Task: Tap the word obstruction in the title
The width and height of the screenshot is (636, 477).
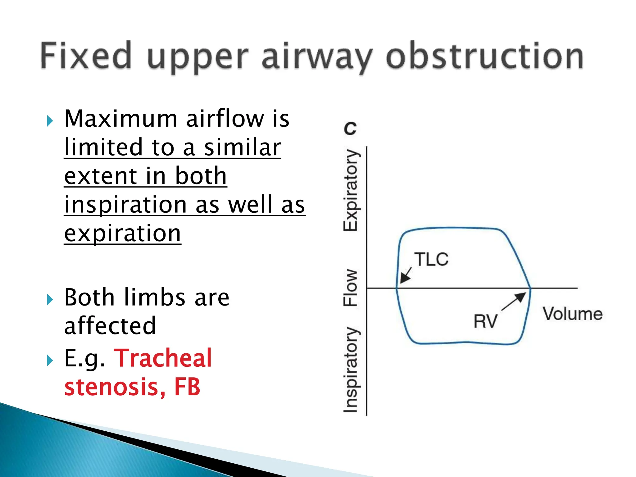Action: click(x=484, y=57)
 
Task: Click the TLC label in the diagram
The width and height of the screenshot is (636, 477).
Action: click(x=432, y=259)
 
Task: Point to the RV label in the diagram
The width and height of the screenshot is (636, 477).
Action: click(x=485, y=321)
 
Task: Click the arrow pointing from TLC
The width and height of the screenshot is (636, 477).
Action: click(x=406, y=275)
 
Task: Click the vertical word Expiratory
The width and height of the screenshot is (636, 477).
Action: click(x=351, y=190)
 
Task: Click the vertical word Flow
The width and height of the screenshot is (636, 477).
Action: click(x=351, y=288)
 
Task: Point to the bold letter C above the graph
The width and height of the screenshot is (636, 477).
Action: click(x=350, y=128)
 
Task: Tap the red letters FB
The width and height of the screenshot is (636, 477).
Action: click(x=187, y=387)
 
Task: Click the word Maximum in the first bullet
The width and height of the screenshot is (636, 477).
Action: click(x=120, y=119)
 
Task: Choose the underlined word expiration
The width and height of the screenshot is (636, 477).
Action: click(x=122, y=234)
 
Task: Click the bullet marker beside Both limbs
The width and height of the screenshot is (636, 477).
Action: click(x=50, y=300)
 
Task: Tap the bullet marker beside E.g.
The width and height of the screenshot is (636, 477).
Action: click(x=50, y=361)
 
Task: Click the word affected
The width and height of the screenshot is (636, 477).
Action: click(x=110, y=326)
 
